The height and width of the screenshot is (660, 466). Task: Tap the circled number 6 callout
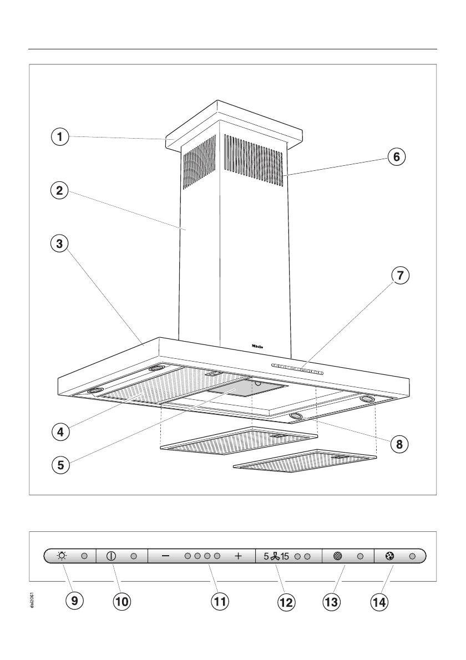396,157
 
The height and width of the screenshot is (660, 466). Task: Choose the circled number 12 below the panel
286,601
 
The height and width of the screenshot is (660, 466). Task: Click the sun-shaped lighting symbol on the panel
62,556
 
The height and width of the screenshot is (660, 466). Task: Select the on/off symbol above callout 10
111,556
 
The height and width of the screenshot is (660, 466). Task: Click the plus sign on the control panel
239,556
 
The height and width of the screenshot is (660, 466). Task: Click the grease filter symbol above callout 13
337,556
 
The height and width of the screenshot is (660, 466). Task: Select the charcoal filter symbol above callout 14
389,556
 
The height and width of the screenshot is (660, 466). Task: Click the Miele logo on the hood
257,344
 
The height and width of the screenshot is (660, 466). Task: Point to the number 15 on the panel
285,556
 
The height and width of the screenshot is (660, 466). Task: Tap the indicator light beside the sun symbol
84,556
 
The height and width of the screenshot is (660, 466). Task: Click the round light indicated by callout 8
296,415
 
